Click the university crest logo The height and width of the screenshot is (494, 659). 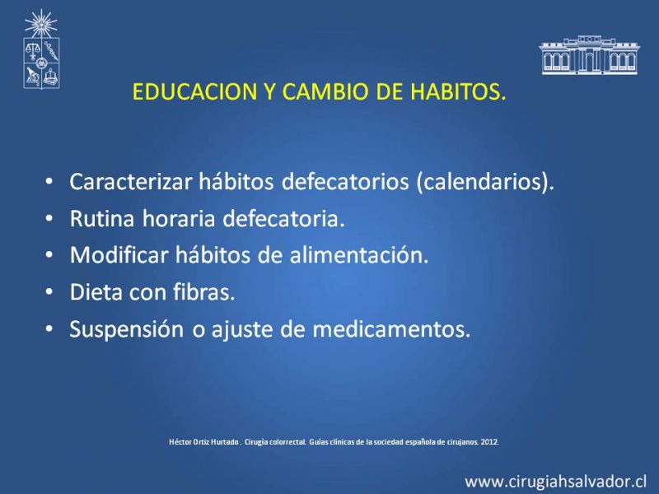coord(41,63)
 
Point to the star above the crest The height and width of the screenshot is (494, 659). coord(40,23)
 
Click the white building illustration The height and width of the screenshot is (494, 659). coord(589,55)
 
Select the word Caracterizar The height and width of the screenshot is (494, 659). coord(131,181)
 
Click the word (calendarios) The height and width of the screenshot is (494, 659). coord(485,182)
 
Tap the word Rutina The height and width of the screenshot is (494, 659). coord(102,218)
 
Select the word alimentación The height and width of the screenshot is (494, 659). coord(359,255)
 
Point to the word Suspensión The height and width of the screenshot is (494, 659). coord(127,329)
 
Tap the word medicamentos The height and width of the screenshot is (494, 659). coord(391,329)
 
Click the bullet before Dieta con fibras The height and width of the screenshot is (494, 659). coord(49,292)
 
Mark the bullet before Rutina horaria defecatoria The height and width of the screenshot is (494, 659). coord(49,218)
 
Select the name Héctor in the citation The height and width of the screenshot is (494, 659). coord(178,442)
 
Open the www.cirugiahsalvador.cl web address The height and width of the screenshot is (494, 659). coord(555,481)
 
